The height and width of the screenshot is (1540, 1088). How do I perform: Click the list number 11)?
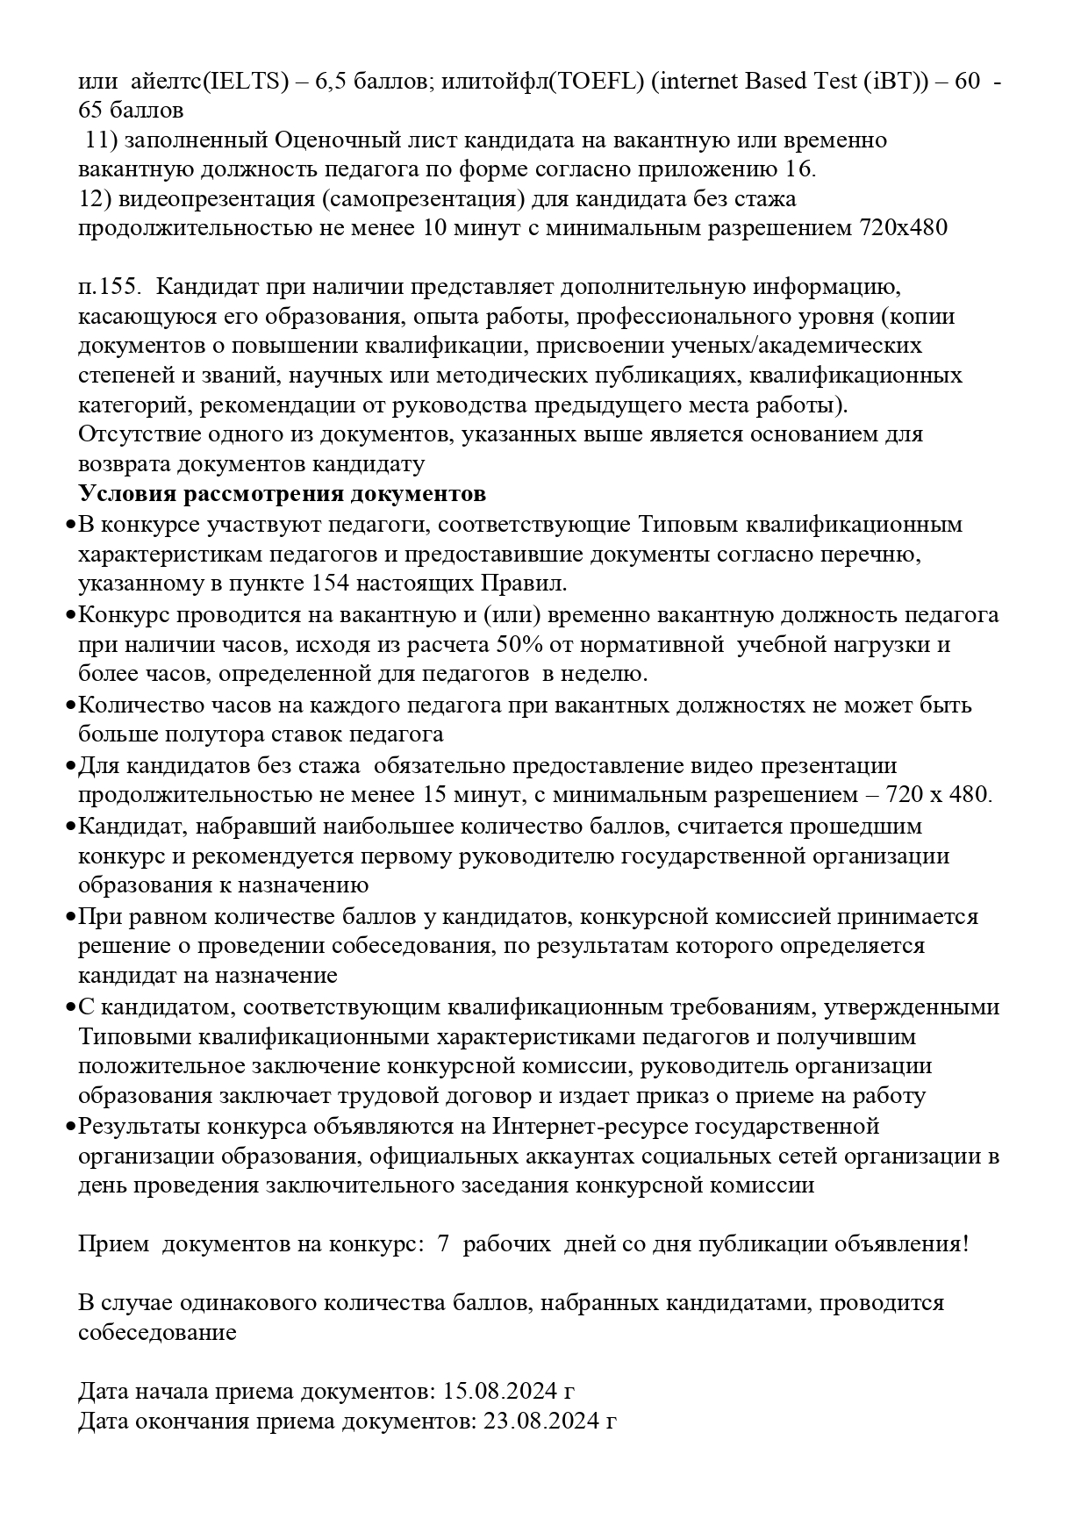coord(100,140)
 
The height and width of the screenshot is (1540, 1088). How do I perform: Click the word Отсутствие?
coord(132,434)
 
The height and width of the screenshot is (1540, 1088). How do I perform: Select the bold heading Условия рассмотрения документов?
coord(282,493)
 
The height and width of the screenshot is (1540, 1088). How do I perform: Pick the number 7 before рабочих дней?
coord(444,1244)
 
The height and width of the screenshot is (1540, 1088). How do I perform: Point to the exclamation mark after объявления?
coord(965,1244)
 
